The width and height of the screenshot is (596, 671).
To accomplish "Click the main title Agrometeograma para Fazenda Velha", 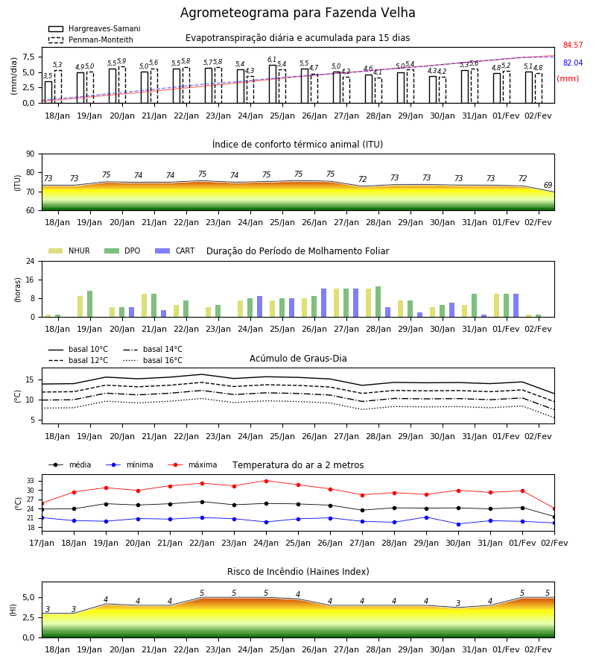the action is [297, 13].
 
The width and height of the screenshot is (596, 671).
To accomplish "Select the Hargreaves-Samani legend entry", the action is [95, 28].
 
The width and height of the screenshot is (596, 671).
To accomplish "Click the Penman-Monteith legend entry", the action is [91, 40].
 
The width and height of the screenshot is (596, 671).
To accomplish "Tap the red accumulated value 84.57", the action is [573, 45].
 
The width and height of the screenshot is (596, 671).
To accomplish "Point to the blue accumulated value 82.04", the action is [573, 63].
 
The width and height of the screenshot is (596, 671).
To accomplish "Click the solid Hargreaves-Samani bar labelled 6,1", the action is [273, 84].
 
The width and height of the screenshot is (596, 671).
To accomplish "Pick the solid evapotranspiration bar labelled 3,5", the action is [48, 92].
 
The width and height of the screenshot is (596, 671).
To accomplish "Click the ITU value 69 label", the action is [548, 186].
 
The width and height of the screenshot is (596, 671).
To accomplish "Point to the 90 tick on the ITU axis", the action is [31, 154].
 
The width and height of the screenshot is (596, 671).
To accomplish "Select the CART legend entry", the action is [175, 251].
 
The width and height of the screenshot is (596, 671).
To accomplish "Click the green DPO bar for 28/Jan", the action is [378, 302].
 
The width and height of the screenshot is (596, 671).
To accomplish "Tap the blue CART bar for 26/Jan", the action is [323, 303].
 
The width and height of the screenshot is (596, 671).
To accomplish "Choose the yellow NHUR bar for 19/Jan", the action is [80, 306].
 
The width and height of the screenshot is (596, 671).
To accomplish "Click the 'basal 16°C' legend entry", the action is [153, 360].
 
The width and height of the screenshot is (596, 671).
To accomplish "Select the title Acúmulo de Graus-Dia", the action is [298, 359].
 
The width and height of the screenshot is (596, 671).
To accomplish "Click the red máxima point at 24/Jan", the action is [267, 481].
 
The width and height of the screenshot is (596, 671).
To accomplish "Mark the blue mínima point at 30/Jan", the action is [459, 524].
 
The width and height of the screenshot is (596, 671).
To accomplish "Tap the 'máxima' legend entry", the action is [193, 464].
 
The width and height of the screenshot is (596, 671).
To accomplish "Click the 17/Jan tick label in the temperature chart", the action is [42, 543].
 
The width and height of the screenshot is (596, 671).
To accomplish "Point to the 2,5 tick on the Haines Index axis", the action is [28, 617].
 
